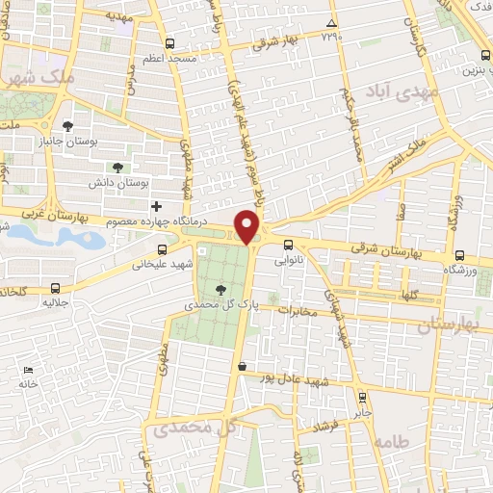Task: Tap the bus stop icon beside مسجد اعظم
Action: (170, 43)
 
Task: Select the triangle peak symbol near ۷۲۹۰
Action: (331, 23)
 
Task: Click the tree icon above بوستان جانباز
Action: (67, 126)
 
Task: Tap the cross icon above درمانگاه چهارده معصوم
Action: (156, 206)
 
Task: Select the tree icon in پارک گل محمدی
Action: (222, 288)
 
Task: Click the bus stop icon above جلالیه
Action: (54, 287)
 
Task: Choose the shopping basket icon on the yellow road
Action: (242, 366)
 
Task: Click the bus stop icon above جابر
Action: (362, 396)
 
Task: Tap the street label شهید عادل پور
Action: (302, 378)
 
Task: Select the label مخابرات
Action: (298, 311)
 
